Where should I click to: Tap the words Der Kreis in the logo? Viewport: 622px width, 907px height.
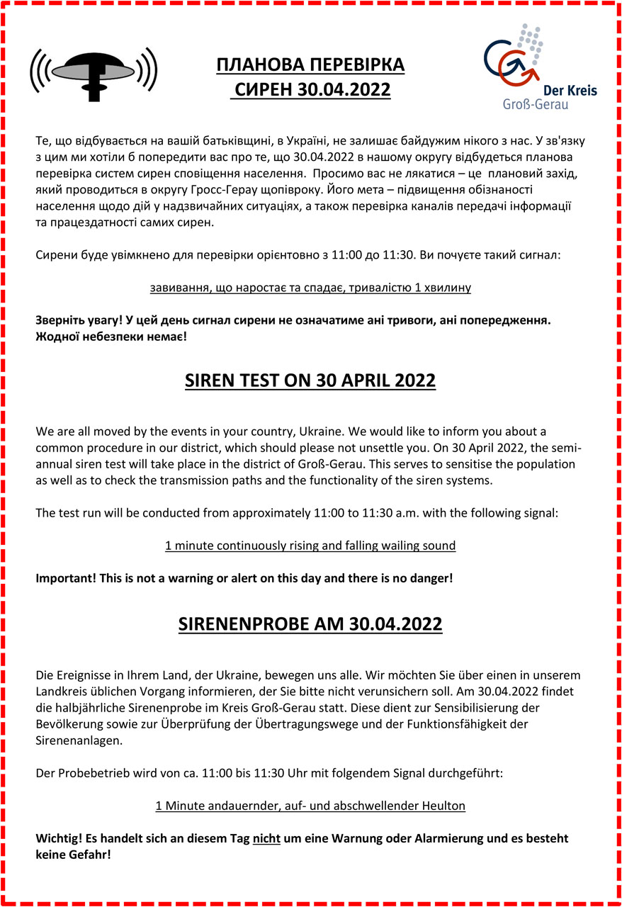coord(570,91)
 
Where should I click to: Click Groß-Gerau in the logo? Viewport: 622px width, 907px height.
coord(536,105)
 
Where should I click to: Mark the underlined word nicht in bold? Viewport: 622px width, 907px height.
coord(267,838)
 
